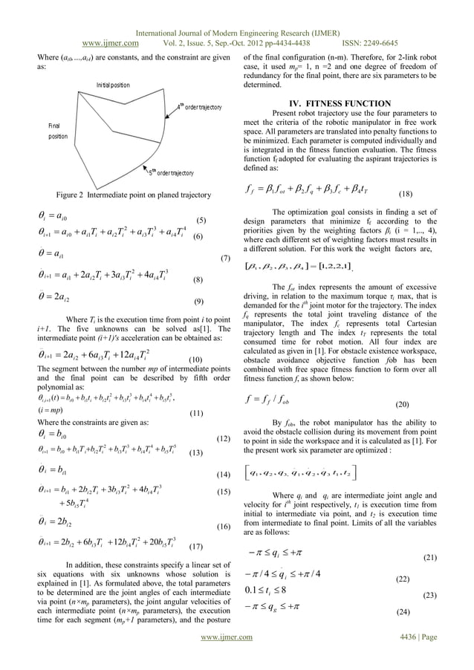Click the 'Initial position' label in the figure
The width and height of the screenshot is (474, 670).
pos(113,85)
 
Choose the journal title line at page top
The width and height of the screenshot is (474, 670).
pos(237,32)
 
